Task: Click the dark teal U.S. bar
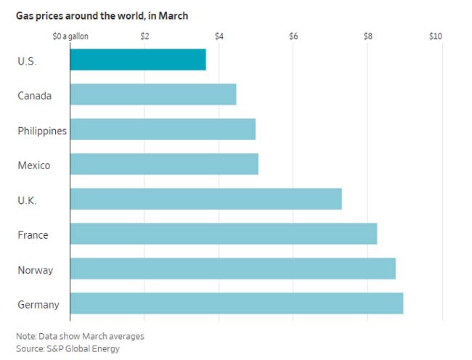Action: (x=138, y=60)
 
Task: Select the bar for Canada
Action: (x=153, y=94)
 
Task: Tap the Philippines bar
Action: (x=163, y=129)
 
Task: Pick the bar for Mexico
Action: (x=164, y=164)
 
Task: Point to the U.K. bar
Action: (x=206, y=199)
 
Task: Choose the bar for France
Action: (x=224, y=234)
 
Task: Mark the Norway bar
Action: (x=233, y=269)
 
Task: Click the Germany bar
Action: (x=237, y=303)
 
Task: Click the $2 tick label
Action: (x=145, y=36)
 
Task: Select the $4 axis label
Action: (x=219, y=36)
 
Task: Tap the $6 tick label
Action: (x=293, y=36)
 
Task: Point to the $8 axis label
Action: (x=368, y=36)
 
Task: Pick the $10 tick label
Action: (x=436, y=36)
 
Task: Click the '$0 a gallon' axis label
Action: (x=70, y=37)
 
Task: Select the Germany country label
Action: (x=38, y=305)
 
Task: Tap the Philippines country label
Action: (x=42, y=131)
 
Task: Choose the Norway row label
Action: (x=36, y=270)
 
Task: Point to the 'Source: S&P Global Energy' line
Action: (x=68, y=348)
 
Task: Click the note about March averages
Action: (x=80, y=336)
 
